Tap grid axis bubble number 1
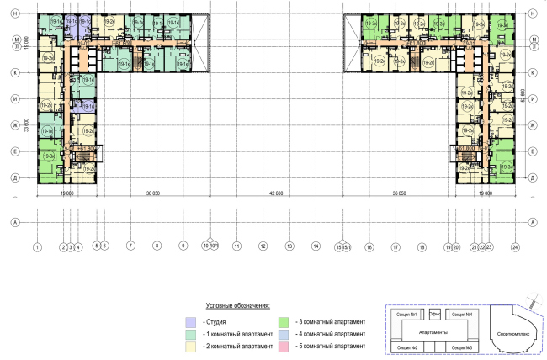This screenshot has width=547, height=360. (37, 247)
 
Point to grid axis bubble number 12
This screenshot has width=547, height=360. (263, 247)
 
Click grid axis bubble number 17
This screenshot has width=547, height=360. (395, 247)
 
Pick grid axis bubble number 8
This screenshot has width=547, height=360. (157, 247)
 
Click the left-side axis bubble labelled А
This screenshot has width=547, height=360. (15, 222)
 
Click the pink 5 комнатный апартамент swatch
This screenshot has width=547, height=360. (284, 347)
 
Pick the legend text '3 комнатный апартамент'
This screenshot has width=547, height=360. (330, 322)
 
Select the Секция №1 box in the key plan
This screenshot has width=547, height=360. (406, 315)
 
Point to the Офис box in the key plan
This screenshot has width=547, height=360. (435, 315)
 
